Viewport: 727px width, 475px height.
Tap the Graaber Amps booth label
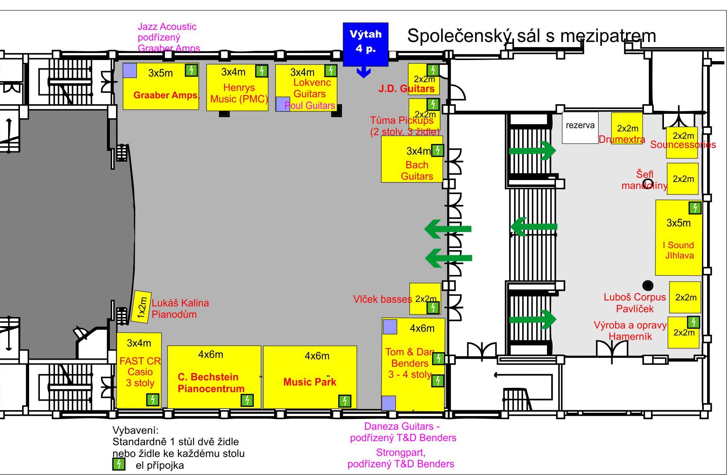click(x=166, y=95)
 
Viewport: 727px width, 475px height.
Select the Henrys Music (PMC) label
click(x=239, y=94)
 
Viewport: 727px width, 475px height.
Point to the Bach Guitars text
click(x=417, y=170)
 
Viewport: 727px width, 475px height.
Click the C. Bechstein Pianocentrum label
click(x=211, y=383)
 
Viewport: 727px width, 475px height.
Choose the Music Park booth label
click(x=309, y=382)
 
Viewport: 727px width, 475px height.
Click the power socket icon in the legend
click(x=118, y=464)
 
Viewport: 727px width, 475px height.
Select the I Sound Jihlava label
click(x=679, y=250)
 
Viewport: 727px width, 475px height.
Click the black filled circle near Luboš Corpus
click(x=648, y=285)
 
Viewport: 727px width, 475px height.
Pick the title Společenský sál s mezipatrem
click(x=532, y=36)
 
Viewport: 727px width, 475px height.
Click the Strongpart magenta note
click(x=401, y=458)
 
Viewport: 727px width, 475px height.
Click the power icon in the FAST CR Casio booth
click(x=152, y=400)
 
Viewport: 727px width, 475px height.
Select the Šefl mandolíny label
click(x=644, y=180)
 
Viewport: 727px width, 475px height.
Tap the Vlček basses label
click(x=382, y=299)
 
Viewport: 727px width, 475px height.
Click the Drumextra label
click(x=622, y=140)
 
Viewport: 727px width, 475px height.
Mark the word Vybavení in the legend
click(x=135, y=430)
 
